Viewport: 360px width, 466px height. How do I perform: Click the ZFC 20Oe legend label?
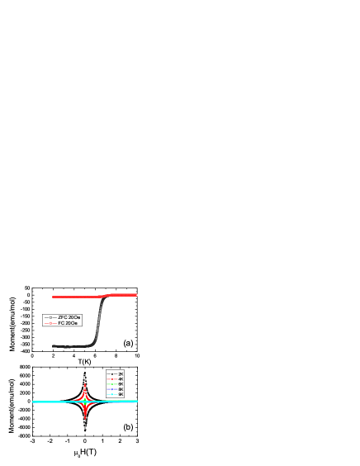coord(69,317)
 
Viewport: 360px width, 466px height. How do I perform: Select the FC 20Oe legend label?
coord(68,323)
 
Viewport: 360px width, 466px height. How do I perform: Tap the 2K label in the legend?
coord(121,374)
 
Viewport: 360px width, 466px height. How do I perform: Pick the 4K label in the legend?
coord(121,379)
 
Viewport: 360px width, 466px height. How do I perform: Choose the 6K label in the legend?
coord(121,384)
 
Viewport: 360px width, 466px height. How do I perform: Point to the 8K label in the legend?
coord(121,389)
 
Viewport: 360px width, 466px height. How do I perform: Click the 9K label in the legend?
coord(121,394)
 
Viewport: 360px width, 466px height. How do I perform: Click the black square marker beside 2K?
coord(111,374)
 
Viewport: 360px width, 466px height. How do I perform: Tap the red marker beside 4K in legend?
coord(111,379)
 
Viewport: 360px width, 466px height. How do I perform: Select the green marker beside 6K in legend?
coord(111,384)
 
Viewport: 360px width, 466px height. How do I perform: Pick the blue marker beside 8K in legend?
coord(111,389)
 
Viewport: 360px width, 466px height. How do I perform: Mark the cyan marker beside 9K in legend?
coord(111,394)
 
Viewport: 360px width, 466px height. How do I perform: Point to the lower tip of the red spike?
coord(86,418)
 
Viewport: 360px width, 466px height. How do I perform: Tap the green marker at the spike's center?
coord(86,402)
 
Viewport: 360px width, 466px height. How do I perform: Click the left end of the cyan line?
coord(34,402)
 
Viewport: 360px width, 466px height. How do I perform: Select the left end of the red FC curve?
coord(54,297)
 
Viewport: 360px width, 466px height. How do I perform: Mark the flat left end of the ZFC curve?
coord(54,346)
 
